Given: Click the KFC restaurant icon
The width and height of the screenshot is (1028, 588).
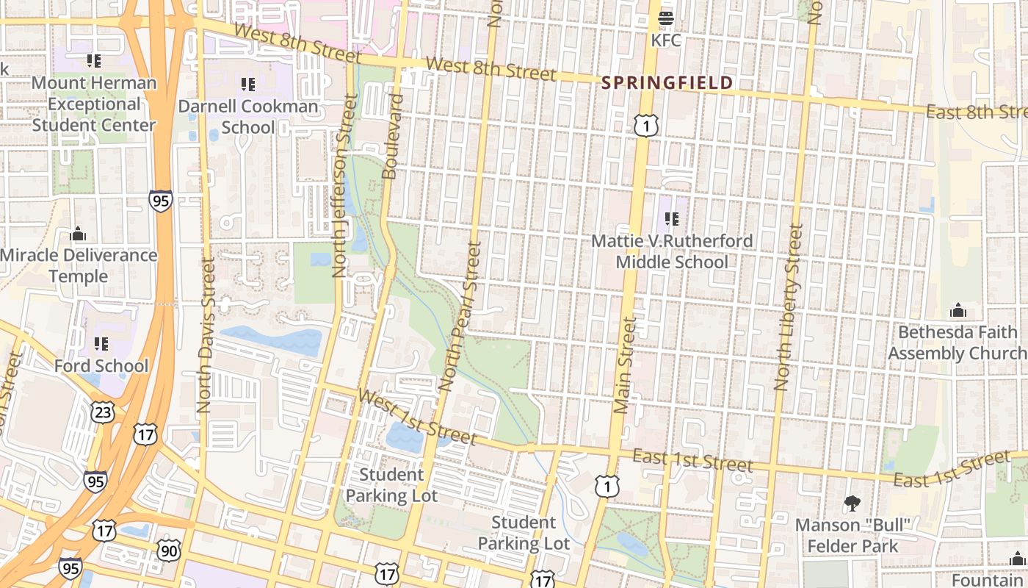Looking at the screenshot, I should pos(666,18).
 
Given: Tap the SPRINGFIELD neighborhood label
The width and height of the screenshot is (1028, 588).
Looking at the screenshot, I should pos(667,83).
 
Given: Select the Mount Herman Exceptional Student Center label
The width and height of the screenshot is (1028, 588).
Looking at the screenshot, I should pos(93,104).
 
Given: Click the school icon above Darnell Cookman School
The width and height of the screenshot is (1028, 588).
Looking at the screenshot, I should pos(248,85).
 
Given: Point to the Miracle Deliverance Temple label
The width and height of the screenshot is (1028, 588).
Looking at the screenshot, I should pos(79,265).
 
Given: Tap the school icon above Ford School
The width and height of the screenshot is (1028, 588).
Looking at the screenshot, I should pos(101,343).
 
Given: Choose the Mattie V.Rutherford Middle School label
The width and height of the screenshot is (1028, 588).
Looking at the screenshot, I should pos(672,251).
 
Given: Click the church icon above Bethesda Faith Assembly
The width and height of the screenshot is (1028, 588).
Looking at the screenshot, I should pos(958,310).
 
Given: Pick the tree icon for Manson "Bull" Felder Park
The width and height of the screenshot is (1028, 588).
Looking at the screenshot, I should pos(852,503).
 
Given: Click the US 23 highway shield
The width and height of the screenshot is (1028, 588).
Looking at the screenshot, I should pos(103,412).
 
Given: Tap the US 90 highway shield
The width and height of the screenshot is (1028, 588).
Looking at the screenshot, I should pos(168,549).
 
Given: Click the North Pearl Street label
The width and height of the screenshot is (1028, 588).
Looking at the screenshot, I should pos(460,316).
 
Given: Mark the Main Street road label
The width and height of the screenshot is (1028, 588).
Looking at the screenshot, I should pos(623,365).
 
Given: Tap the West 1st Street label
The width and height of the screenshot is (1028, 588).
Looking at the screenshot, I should pos(417,417).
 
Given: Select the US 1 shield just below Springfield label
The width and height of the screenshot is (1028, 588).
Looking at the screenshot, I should pos(645,126).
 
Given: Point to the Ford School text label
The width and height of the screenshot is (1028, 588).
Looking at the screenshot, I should pos(101,365).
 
